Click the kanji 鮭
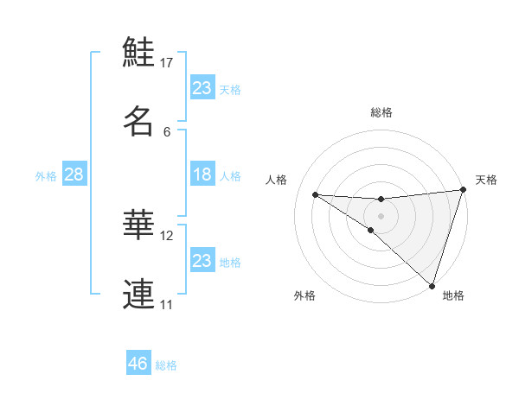(x=138, y=54)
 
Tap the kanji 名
(x=138, y=121)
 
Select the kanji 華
(x=138, y=225)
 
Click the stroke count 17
(x=167, y=63)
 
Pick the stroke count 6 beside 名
(x=167, y=131)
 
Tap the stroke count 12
(x=167, y=235)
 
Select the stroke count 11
(x=167, y=304)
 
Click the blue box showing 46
(x=138, y=363)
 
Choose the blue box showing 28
(x=74, y=174)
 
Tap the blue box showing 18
(x=202, y=174)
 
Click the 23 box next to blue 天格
(x=202, y=88)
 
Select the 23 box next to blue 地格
(x=202, y=261)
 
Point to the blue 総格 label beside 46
(x=166, y=365)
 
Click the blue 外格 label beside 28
(x=46, y=176)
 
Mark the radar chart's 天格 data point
(x=463, y=190)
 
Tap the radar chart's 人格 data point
(x=315, y=194)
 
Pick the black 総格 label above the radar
(x=381, y=112)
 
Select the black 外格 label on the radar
(x=304, y=295)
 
